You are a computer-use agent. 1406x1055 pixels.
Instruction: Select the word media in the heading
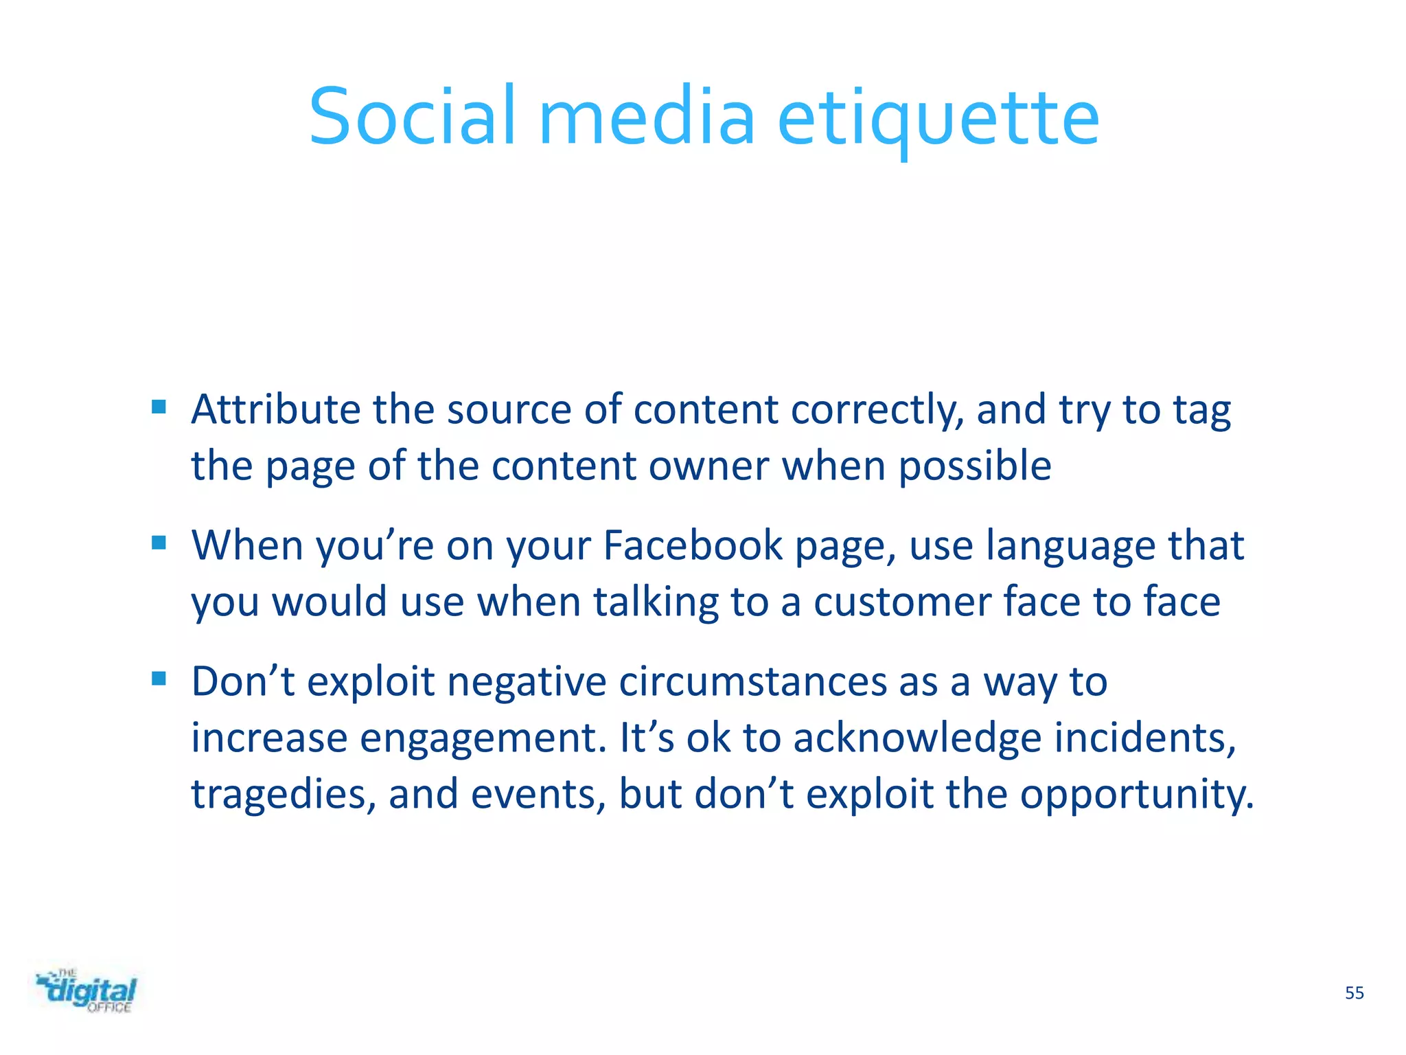(647, 117)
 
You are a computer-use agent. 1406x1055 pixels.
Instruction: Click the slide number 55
(1354, 993)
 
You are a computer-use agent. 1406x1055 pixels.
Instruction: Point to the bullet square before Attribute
(159, 407)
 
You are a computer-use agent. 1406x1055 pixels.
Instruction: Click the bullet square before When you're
(159, 543)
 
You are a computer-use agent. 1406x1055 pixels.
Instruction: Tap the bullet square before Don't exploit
(159, 679)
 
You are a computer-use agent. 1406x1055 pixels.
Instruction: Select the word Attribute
(275, 410)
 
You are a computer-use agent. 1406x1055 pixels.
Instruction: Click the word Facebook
(692, 546)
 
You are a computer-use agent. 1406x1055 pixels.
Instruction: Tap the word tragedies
(283, 795)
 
